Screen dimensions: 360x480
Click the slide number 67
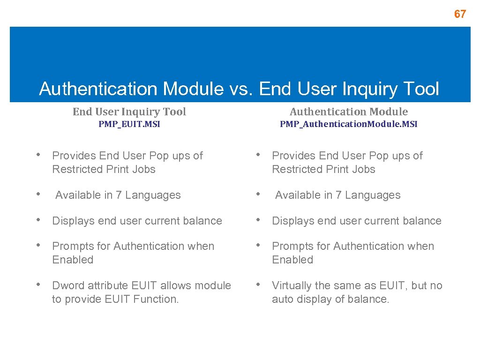point(460,14)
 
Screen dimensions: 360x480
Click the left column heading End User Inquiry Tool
point(129,112)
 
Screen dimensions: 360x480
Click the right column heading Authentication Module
point(349,112)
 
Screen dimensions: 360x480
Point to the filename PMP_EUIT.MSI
point(129,124)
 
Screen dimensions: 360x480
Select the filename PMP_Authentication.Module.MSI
point(349,124)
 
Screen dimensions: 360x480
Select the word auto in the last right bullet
point(282,299)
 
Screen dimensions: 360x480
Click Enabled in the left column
point(73,260)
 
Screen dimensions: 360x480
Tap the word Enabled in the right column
point(292,260)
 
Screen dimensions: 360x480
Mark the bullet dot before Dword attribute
point(41,285)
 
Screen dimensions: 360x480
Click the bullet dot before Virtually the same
point(261,285)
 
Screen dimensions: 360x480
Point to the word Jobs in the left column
point(143,169)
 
